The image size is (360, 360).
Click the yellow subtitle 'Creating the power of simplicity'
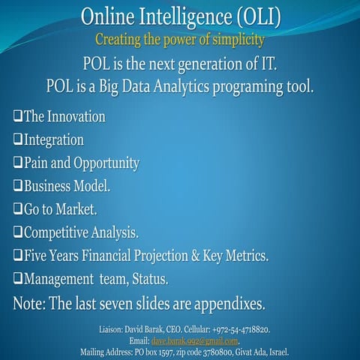coord(179,37)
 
